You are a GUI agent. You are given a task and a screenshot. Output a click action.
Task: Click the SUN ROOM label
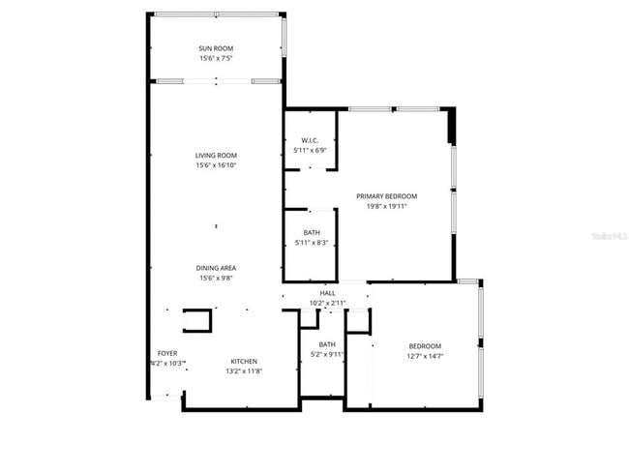tap(216, 48)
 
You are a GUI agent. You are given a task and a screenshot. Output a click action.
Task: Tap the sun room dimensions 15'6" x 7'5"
tap(216, 58)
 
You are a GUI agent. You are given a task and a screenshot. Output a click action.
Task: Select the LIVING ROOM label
tap(216, 156)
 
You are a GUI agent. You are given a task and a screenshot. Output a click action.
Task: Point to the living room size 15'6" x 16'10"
tap(216, 165)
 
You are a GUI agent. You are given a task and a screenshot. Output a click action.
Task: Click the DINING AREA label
tap(216, 268)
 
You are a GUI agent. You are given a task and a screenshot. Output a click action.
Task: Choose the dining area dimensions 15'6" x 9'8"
tap(216, 279)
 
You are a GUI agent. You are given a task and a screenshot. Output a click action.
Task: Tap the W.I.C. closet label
tap(311, 140)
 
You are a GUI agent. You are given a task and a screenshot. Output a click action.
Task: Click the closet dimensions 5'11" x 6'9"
tap(311, 150)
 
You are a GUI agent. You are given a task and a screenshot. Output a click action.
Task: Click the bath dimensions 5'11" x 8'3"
tap(312, 243)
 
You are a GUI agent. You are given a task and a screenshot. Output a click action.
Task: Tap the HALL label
tap(327, 293)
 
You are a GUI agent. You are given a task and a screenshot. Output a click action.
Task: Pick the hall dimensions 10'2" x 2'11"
tap(327, 303)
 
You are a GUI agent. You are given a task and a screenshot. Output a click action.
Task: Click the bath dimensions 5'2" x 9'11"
tap(327, 354)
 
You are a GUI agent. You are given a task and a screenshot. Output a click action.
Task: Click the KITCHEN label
tap(243, 361)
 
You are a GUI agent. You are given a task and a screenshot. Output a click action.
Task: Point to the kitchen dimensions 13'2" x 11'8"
tap(243, 371)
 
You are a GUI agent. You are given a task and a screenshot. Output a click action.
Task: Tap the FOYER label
tap(167, 354)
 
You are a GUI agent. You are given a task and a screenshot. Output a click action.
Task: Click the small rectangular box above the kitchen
tap(197, 320)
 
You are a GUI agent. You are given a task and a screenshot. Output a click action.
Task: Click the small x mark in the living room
tap(216, 226)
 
